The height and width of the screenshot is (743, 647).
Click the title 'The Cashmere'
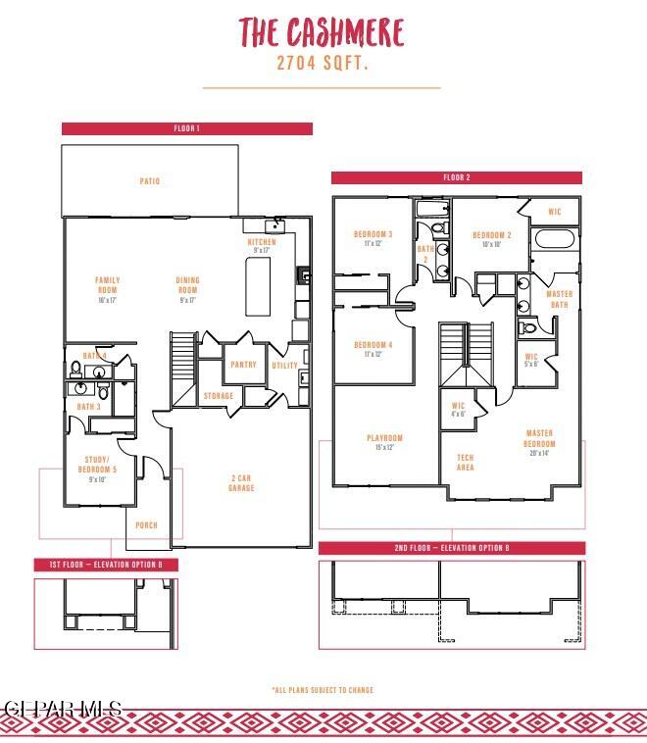pyautogui.click(x=322, y=33)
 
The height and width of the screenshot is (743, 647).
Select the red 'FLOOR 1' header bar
pyautogui.click(x=186, y=128)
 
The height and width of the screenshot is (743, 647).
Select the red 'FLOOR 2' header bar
pyautogui.click(x=456, y=177)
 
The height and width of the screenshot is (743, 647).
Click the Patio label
pyautogui.click(x=149, y=181)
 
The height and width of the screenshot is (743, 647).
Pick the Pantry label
pyautogui.click(x=243, y=365)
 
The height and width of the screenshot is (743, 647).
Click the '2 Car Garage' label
pyautogui.click(x=241, y=482)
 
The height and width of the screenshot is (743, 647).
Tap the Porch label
pyautogui.click(x=146, y=525)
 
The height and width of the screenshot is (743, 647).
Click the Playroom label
pyautogui.click(x=384, y=442)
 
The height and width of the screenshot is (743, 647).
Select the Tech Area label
pyautogui.click(x=466, y=463)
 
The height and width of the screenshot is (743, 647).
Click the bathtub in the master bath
pyautogui.click(x=556, y=240)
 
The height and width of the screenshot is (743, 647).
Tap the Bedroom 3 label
pyautogui.click(x=373, y=238)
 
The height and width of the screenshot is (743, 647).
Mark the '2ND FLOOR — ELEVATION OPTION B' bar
pyautogui.click(x=452, y=548)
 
